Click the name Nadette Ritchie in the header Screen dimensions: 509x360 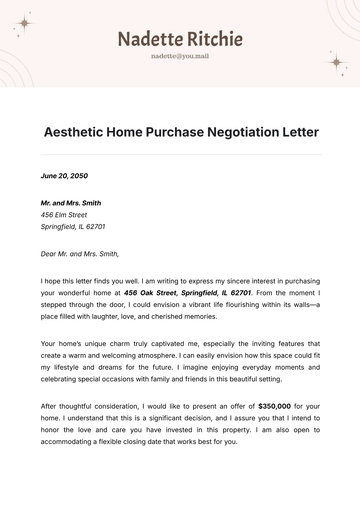pos(180,39)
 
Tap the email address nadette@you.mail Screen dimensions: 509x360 pos(180,57)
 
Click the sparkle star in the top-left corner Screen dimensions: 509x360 pos(25,23)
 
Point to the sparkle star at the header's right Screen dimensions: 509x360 pos(335,62)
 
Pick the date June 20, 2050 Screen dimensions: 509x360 pos(64,175)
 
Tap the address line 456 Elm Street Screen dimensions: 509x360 pos(64,215)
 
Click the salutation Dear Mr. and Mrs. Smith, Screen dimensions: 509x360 pos(80,254)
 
